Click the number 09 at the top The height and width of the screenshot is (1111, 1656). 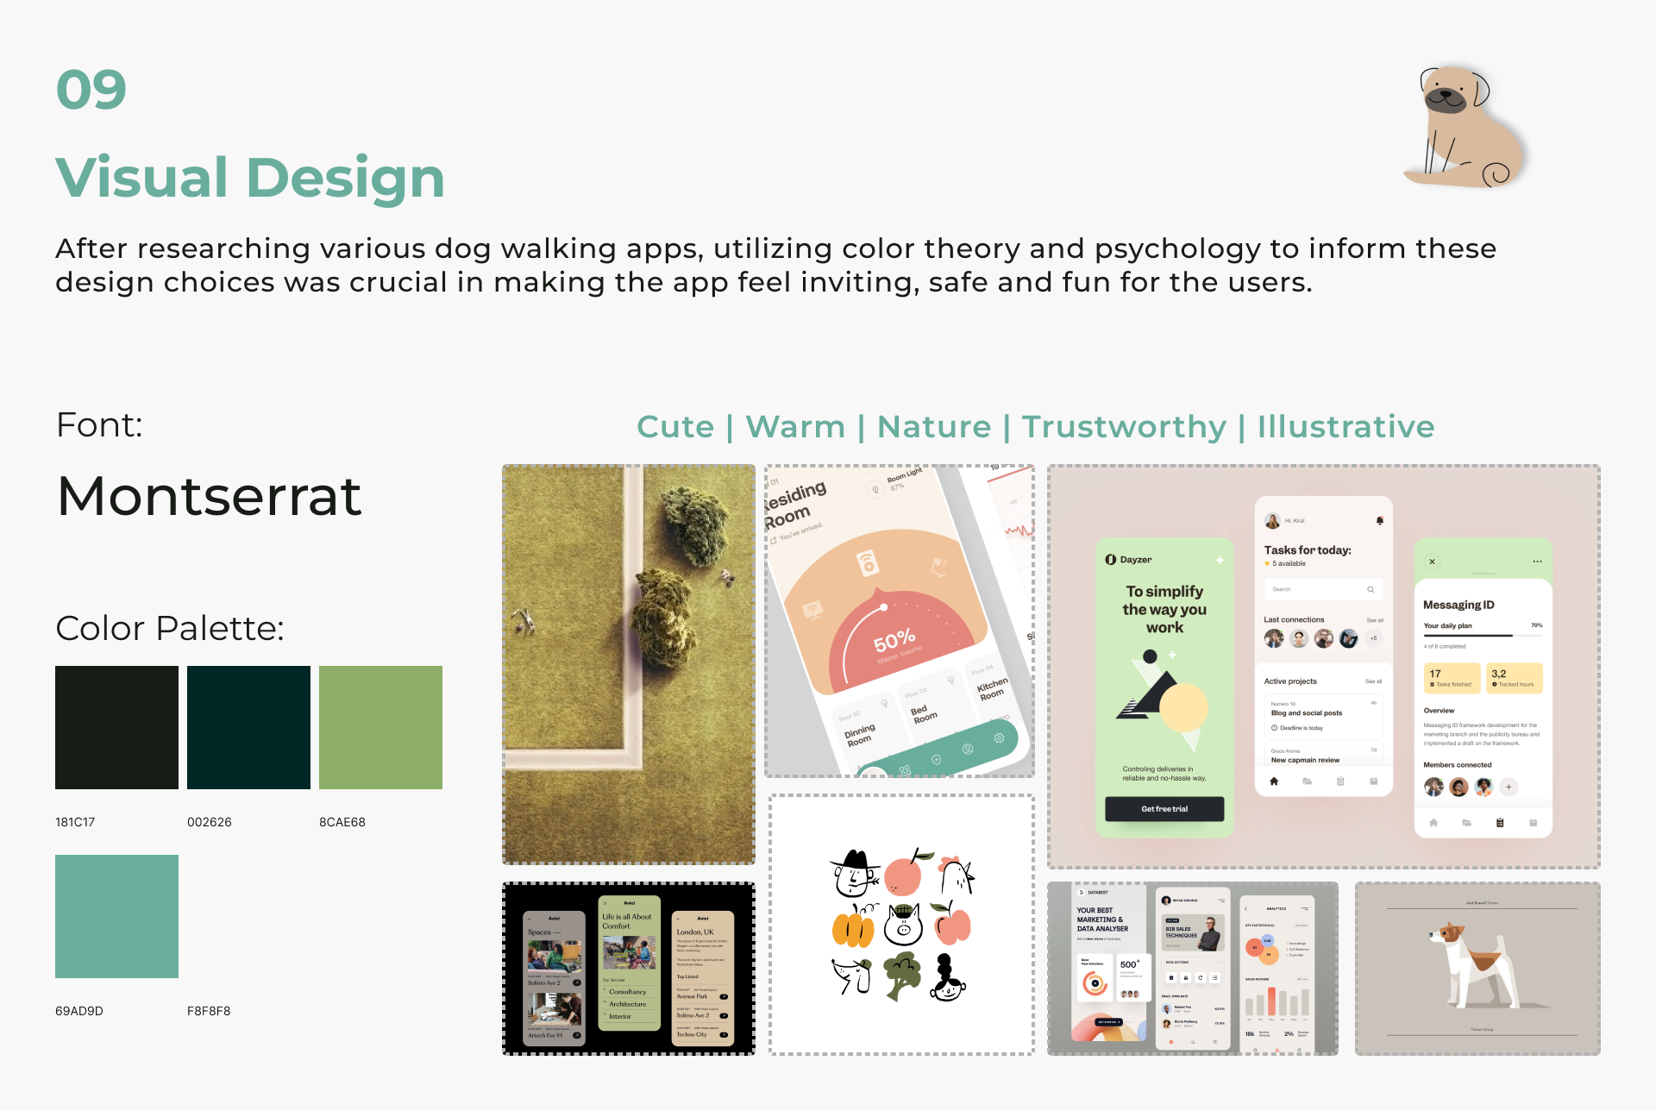(x=91, y=90)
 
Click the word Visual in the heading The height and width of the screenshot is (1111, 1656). (x=143, y=178)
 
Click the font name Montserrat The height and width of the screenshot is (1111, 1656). (x=209, y=496)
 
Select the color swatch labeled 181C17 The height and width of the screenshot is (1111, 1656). (x=116, y=727)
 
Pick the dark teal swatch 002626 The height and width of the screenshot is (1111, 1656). (x=248, y=727)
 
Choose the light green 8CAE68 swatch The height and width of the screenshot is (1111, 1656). (x=380, y=727)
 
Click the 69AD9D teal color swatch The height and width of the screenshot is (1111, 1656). (x=116, y=916)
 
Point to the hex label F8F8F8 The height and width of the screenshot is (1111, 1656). (x=209, y=1011)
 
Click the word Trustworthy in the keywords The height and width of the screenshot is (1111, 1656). (x=1124, y=427)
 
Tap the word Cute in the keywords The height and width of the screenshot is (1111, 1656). (x=675, y=427)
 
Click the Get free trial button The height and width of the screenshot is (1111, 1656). (x=1164, y=809)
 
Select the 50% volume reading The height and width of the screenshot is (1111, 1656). (x=894, y=641)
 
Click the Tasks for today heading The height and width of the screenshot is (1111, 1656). (x=1307, y=550)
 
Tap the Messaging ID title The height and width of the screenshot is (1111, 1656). (x=1458, y=605)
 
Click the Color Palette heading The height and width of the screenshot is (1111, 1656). (x=170, y=628)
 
